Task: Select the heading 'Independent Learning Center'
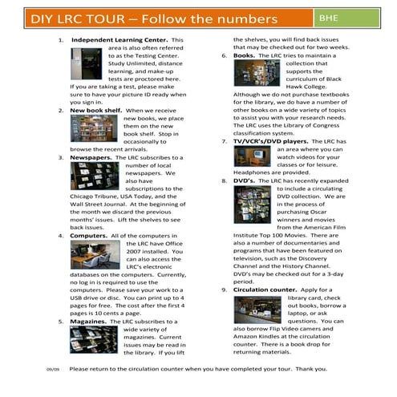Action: pyautogui.click(x=120, y=39)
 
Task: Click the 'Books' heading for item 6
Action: pyautogui.click(x=244, y=56)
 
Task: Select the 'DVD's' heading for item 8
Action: pyautogui.click(x=244, y=182)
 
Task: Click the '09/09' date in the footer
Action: pyautogui.click(x=52, y=370)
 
